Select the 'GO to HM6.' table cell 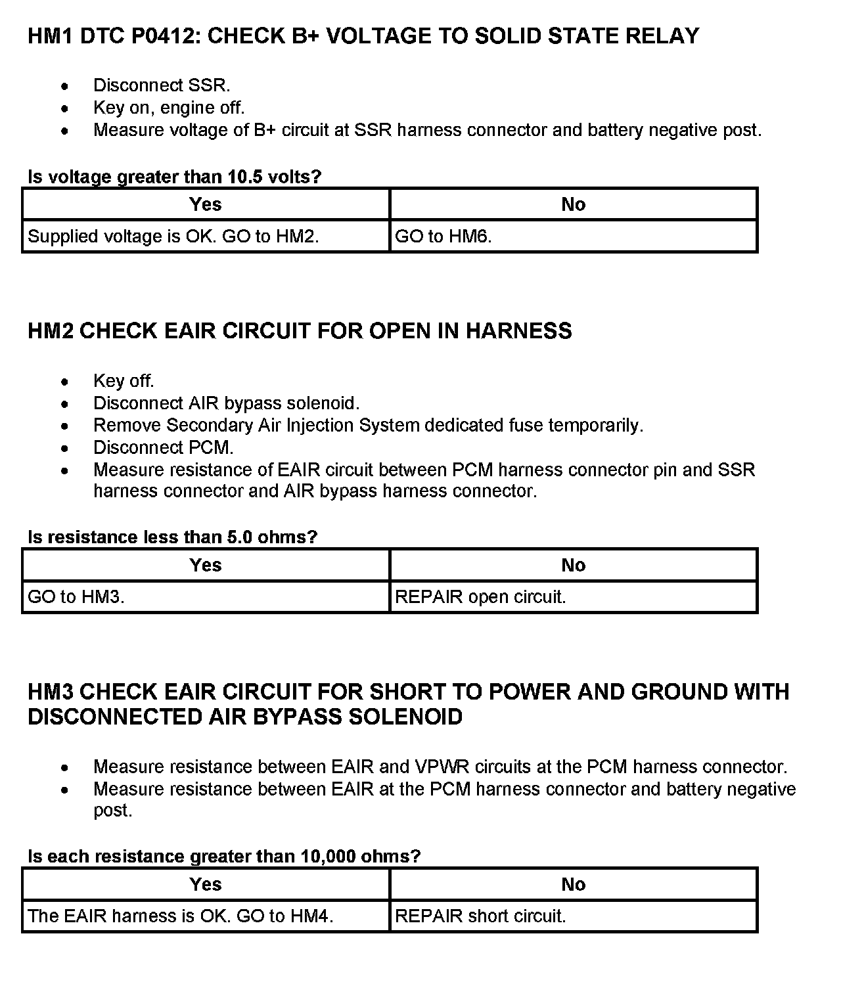click(573, 236)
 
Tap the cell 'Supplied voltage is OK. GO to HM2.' click(206, 236)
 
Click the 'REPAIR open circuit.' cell click(573, 597)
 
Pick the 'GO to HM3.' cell click(206, 597)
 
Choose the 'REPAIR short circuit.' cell click(573, 916)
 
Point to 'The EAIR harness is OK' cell click(206, 916)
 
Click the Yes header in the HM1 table click(206, 204)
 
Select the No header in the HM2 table click(573, 565)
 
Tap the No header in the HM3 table click(573, 884)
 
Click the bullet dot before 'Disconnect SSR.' click(64, 86)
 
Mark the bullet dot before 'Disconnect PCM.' click(64, 449)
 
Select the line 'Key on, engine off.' click(169, 108)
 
